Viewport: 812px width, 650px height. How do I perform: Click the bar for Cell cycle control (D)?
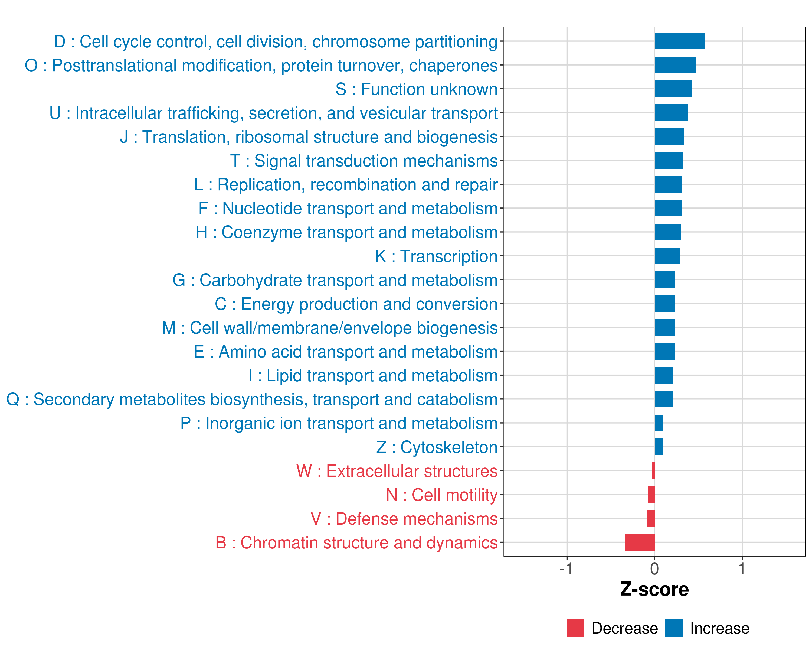click(679, 41)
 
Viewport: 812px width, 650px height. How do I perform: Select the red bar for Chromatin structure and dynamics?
click(640, 542)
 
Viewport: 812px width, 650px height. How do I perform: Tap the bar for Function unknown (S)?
click(673, 89)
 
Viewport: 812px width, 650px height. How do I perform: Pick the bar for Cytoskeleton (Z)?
click(658, 447)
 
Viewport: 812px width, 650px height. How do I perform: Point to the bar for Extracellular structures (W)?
click(653, 471)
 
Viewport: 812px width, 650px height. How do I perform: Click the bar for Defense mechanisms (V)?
click(650, 518)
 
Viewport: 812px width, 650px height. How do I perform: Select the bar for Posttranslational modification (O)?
click(675, 65)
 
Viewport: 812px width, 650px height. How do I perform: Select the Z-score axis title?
click(654, 589)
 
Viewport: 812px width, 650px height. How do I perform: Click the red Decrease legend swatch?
click(575, 628)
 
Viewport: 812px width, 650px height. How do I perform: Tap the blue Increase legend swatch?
click(674, 628)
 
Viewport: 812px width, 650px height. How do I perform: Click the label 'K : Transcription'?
click(436, 256)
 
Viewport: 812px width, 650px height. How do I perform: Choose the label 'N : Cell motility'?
click(441, 495)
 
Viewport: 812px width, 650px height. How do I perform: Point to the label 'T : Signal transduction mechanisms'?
click(364, 161)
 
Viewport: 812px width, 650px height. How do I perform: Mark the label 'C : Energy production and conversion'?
click(356, 304)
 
